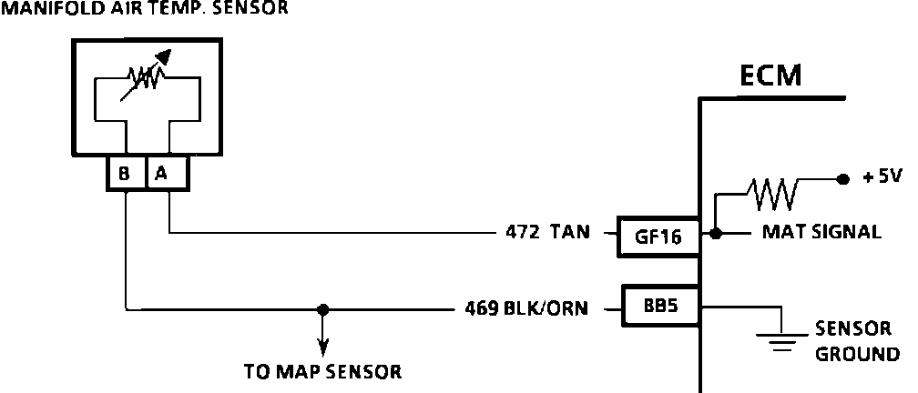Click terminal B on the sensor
click(124, 174)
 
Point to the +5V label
click(882, 177)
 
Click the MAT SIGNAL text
click(821, 233)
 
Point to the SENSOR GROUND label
click(856, 341)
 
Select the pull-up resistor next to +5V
click(772, 191)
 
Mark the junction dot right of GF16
click(717, 233)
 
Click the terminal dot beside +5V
click(842, 178)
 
